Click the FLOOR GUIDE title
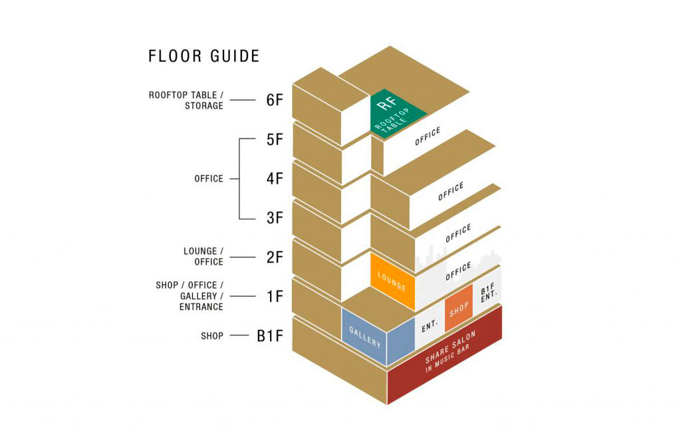tap(204, 57)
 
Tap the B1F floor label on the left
tap(271, 336)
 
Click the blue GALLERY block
tap(365, 336)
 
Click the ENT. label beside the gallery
tap(429, 326)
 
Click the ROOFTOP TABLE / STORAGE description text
tap(186, 100)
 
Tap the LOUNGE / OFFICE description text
tap(204, 257)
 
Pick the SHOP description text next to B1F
tap(212, 336)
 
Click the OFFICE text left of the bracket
tap(209, 179)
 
